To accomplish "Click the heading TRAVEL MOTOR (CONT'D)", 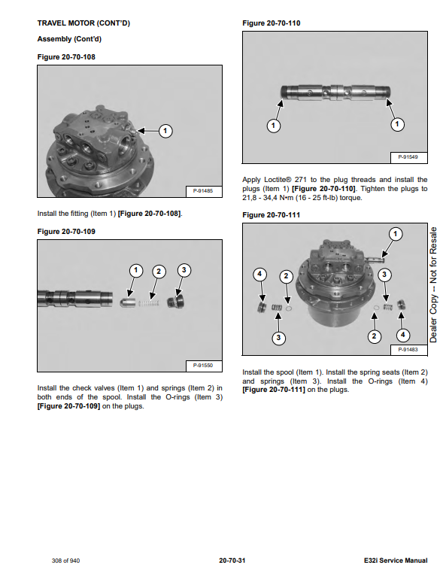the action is click(x=83, y=23).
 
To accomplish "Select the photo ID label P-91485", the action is click(x=203, y=191).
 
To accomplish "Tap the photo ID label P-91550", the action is click(x=203, y=366).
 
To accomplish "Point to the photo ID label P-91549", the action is click(x=408, y=157).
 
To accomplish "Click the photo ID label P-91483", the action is click(x=408, y=350).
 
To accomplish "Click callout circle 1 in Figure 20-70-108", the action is click(x=165, y=131).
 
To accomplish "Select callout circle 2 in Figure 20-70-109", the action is click(x=159, y=272).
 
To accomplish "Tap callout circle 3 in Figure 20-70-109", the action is click(x=184, y=270).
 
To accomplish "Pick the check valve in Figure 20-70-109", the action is click(x=127, y=302).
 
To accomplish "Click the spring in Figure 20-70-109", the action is click(x=148, y=303).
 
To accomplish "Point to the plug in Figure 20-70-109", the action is click(x=175, y=302).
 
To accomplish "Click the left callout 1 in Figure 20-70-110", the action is click(x=273, y=126).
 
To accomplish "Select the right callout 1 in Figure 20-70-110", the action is click(x=397, y=125).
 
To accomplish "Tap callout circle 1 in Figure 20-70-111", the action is click(x=396, y=234).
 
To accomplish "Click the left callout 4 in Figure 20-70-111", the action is click(x=259, y=274).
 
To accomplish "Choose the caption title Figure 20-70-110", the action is click(x=272, y=23).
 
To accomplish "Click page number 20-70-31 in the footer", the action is click(x=232, y=560).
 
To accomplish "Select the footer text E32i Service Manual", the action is click(x=396, y=560).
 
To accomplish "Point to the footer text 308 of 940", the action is click(x=66, y=560).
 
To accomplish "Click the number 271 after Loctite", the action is click(x=301, y=180).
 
